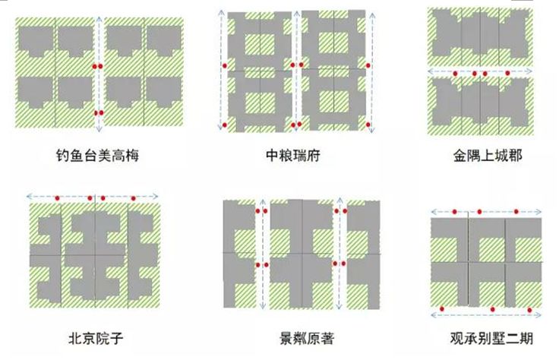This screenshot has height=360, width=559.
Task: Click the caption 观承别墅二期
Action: tap(486, 336)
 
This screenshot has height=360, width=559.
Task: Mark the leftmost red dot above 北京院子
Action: tap(57, 198)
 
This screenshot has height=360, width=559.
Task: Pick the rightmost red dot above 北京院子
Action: tap(134, 198)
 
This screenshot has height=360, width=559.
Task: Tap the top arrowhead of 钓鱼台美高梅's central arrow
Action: tap(99, 17)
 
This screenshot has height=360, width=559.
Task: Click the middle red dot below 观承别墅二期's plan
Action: tap(494, 309)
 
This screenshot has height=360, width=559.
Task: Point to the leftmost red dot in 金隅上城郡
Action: tap(454, 73)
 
